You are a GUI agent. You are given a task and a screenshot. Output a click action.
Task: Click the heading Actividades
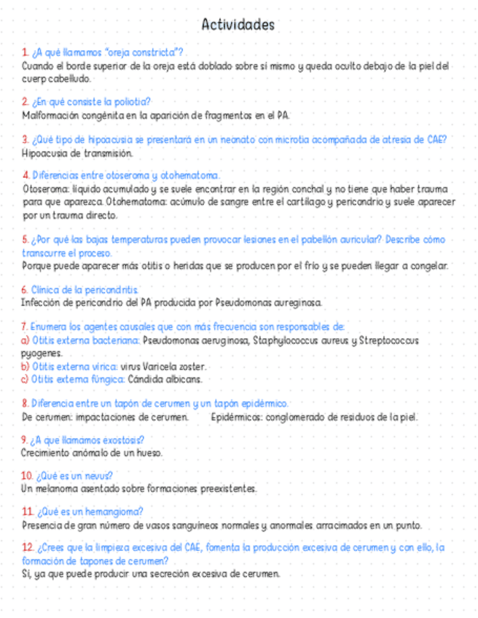(238, 25)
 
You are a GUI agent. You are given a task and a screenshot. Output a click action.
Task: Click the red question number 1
(25, 52)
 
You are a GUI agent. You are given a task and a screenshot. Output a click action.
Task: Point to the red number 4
(26, 175)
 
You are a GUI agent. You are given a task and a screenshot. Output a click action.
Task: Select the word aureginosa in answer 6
(297, 302)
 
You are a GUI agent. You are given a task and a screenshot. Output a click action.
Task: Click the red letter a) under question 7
(26, 340)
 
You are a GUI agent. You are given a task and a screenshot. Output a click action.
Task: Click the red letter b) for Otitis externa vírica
(26, 366)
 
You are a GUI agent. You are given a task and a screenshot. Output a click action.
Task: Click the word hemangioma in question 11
(114, 511)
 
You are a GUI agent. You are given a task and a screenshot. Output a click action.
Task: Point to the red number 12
(28, 547)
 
